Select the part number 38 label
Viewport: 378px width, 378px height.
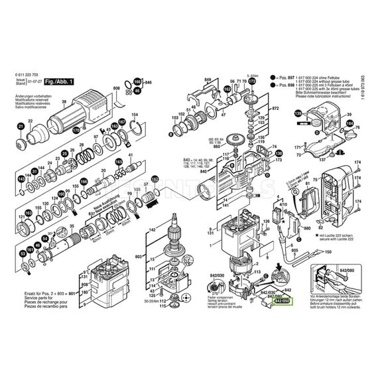click(x=64, y=101)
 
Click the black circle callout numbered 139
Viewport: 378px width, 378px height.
click(x=298, y=114)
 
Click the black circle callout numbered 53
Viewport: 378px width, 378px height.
click(x=22, y=253)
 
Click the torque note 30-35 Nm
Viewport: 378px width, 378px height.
click(x=153, y=301)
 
